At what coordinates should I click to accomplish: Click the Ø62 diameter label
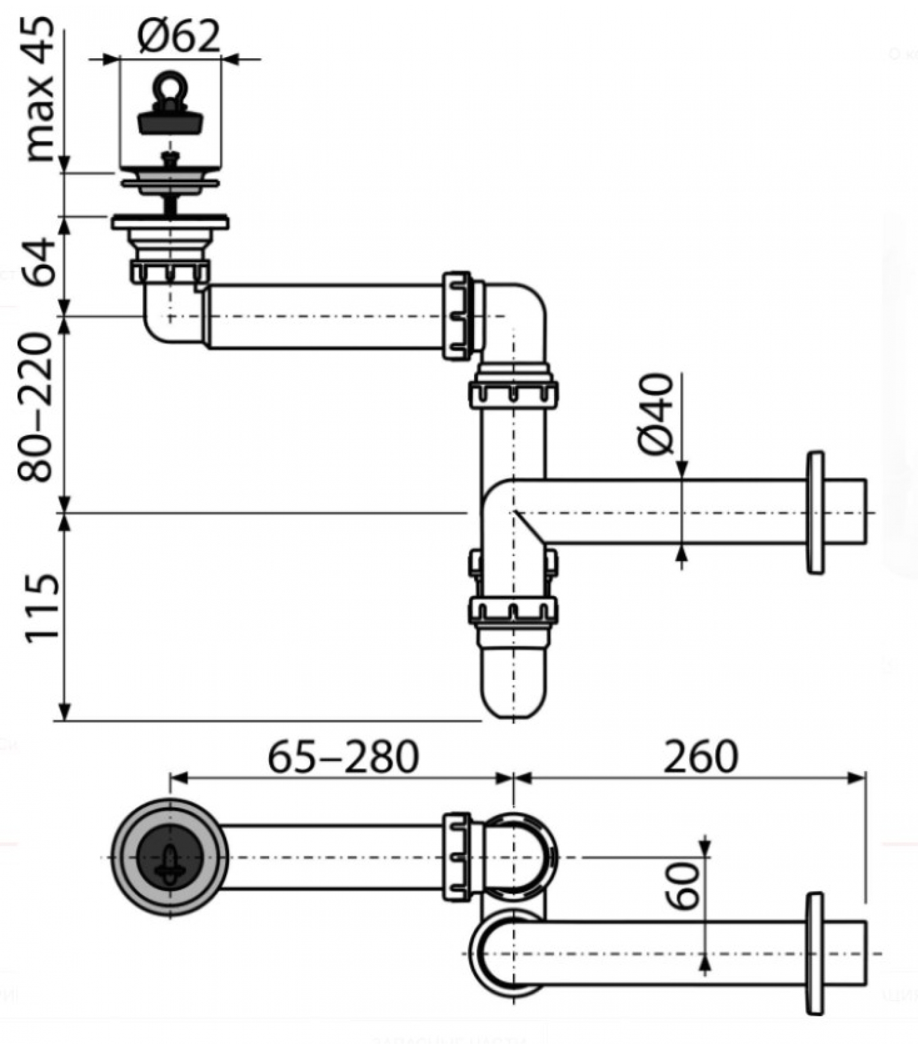(x=178, y=36)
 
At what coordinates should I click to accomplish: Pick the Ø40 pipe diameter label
(x=656, y=414)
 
